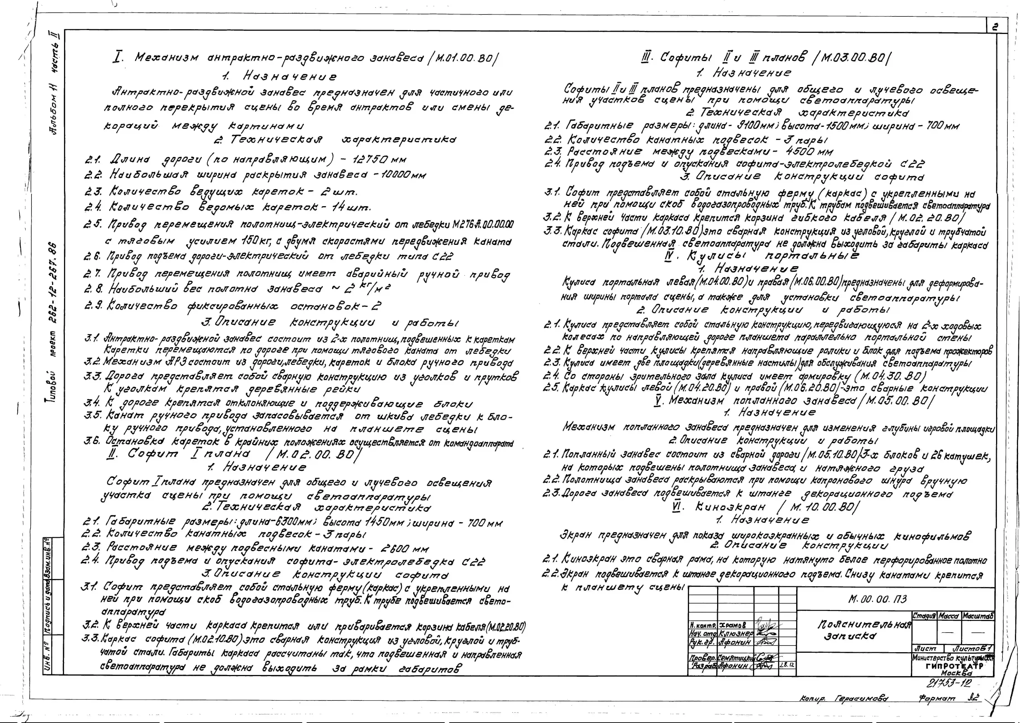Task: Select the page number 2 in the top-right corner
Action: click(x=995, y=27)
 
